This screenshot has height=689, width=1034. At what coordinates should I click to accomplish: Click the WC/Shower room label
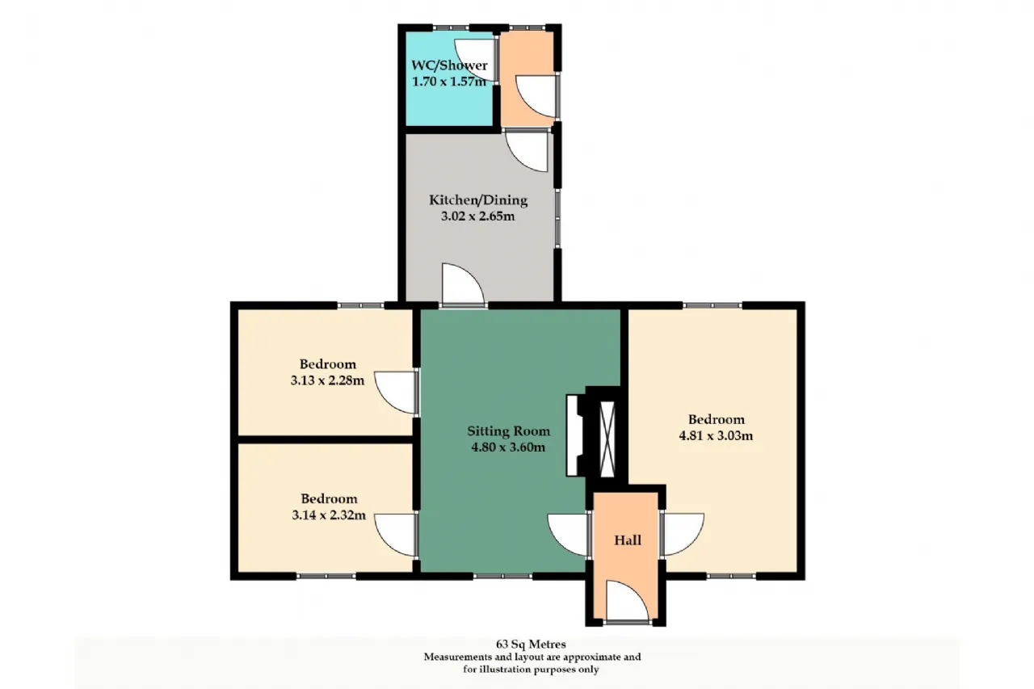[x=449, y=65]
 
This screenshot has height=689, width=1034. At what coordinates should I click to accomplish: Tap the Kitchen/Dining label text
[x=478, y=200]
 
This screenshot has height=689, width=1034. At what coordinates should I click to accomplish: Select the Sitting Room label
[x=509, y=431]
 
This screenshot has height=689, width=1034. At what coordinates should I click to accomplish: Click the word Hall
[x=628, y=540]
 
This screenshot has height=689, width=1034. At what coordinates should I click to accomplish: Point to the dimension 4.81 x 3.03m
[x=716, y=435]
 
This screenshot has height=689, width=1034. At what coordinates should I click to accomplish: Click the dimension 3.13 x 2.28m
[x=327, y=380]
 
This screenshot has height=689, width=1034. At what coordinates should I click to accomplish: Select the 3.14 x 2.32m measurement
[x=329, y=515]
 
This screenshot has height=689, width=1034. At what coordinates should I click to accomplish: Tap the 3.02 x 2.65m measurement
[x=477, y=216]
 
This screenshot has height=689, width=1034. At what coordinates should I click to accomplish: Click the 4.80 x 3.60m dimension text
[x=508, y=447]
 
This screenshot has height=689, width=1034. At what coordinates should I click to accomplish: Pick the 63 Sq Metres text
[x=531, y=644]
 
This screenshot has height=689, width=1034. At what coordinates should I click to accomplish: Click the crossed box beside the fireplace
[x=607, y=439]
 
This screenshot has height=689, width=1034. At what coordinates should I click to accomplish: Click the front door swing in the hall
[x=628, y=601]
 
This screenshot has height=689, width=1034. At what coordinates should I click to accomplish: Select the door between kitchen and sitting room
[x=463, y=284]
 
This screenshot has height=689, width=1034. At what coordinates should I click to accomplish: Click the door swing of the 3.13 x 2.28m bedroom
[x=395, y=393]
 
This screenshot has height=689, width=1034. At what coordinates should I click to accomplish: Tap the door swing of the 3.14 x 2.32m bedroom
[x=395, y=536]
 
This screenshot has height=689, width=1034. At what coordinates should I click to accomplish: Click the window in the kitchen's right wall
[x=558, y=219]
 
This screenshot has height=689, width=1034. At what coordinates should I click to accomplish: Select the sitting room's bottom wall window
[x=502, y=576]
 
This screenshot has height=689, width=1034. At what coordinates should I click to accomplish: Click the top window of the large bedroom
[x=712, y=305]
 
